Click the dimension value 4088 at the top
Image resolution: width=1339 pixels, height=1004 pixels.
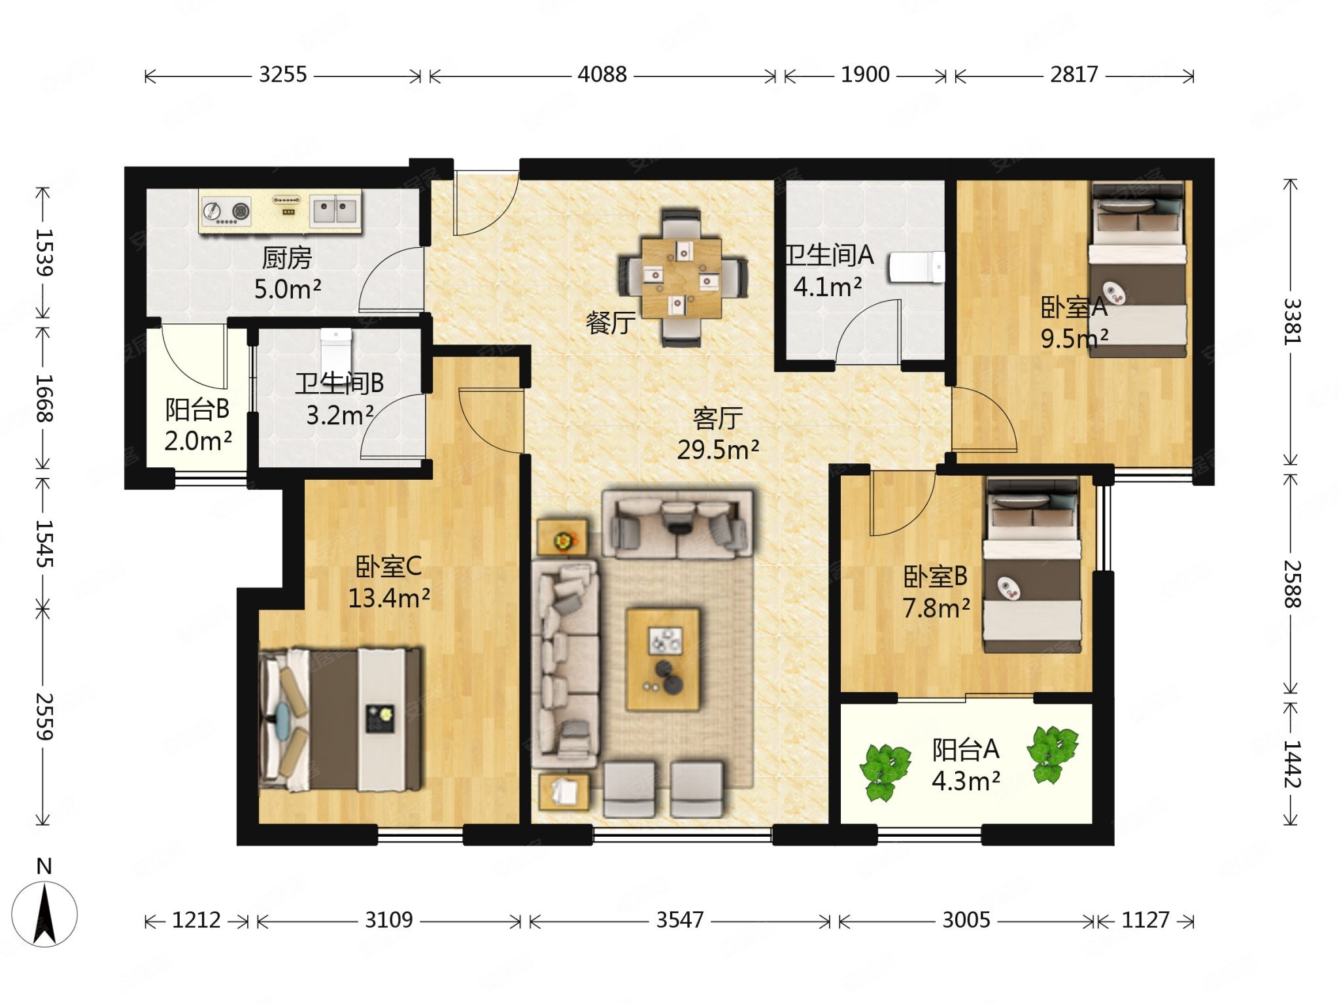point(602,75)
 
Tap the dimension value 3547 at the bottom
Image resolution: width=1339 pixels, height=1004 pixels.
point(680,920)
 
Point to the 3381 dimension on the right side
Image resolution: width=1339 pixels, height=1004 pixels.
point(1292,321)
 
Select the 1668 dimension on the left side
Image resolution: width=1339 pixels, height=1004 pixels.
point(44,398)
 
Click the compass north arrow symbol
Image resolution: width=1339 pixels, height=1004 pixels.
point(44,913)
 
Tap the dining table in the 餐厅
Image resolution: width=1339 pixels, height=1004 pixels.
point(681,278)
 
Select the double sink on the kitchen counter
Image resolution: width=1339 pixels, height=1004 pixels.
point(335,210)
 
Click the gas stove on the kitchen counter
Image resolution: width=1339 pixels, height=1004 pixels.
point(226,211)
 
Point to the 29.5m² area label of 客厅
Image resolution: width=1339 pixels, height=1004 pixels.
point(718,450)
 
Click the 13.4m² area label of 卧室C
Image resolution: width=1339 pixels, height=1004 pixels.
point(388,598)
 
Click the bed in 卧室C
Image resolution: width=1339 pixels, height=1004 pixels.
point(341,718)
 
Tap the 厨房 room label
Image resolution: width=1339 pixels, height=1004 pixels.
point(286,258)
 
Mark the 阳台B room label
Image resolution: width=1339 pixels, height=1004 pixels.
point(197,409)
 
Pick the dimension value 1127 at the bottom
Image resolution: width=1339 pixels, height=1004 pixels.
point(1145,920)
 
